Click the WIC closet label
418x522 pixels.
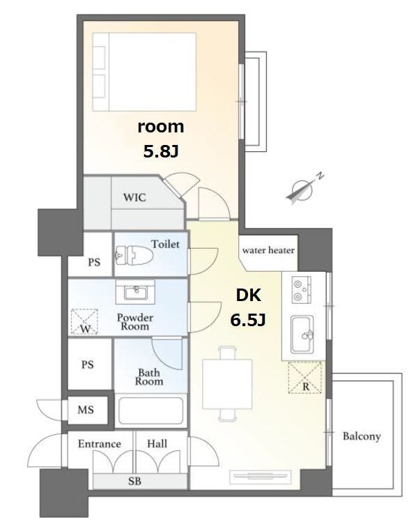134,197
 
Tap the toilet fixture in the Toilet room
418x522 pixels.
134,256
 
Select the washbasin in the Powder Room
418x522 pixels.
135,292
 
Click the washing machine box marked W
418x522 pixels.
84,321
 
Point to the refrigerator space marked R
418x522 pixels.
305,378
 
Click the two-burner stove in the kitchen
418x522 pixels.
301,290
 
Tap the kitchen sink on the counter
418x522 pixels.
302,334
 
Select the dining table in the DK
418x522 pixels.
227,383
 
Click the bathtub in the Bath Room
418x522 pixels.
150,410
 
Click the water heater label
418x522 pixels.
268,250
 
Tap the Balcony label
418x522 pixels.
362,436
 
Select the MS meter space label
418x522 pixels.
86,410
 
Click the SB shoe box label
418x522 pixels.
134,481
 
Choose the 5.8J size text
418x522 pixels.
161,152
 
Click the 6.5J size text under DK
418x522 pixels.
248,321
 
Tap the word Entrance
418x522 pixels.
100,444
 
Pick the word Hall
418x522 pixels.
157,444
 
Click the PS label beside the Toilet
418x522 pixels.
94,262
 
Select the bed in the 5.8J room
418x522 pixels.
144,72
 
